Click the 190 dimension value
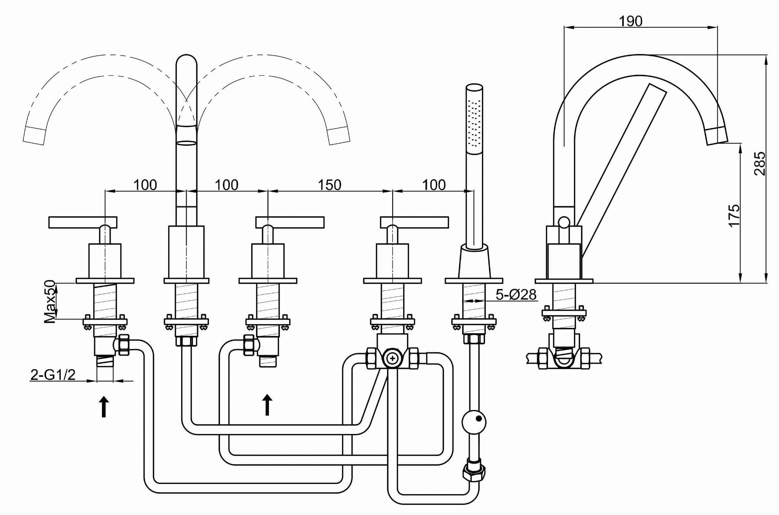[x=630, y=21]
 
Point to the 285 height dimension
[x=760, y=164]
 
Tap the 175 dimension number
[x=734, y=215]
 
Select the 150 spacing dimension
[x=329, y=185]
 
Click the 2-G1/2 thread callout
[x=53, y=375]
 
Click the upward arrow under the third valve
[x=267, y=405]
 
